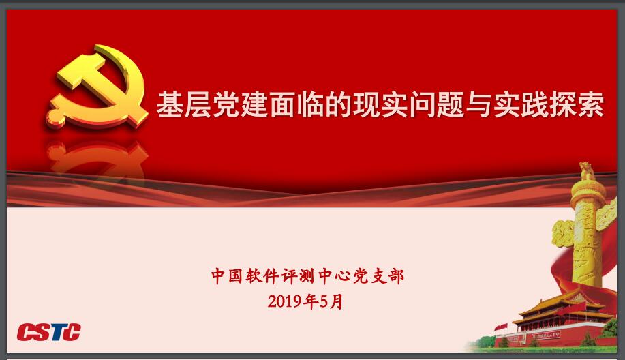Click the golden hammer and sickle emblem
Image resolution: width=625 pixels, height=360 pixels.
click(97, 86)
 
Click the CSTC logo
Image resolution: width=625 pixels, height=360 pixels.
click(48, 331)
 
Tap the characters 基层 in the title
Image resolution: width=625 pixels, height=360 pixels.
click(184, 105)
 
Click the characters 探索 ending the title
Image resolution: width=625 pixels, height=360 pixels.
click(577, 105)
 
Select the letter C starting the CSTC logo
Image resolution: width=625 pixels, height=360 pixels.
click(25, 332)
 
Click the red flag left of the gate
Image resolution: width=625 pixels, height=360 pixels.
click(502, 328)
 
